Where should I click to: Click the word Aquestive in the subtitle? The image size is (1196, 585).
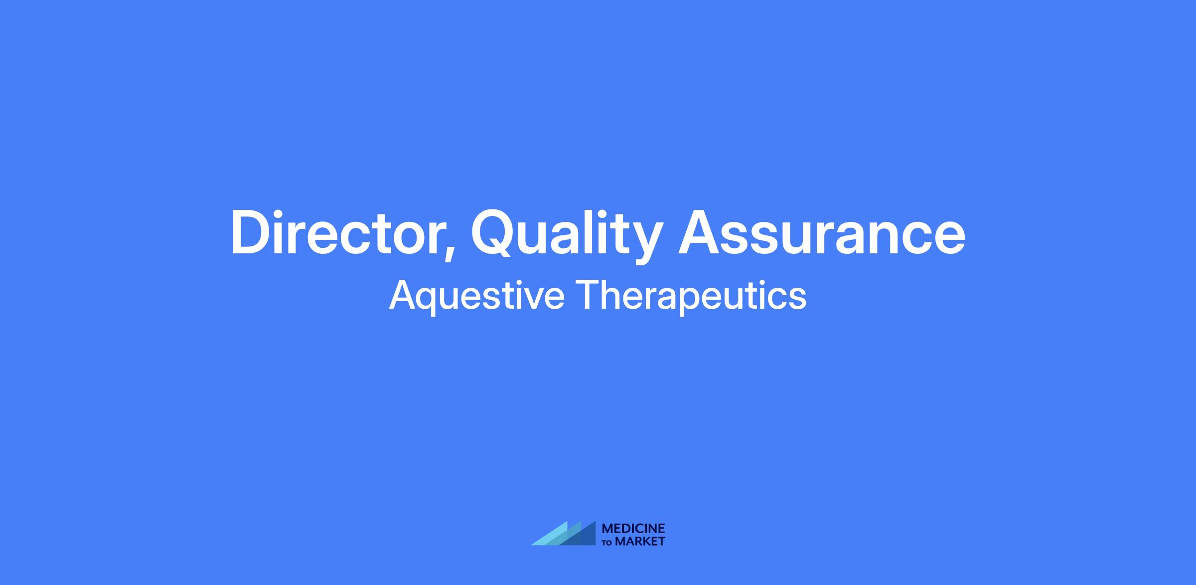click(x=476, y=296)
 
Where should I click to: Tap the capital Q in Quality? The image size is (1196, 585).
click(x=494, y=233)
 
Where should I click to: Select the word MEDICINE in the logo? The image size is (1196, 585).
click(x=633, y=529)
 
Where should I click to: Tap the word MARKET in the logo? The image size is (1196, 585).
click(x=640, y=541)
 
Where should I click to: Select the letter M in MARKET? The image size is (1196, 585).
click(x=621, y=541)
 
